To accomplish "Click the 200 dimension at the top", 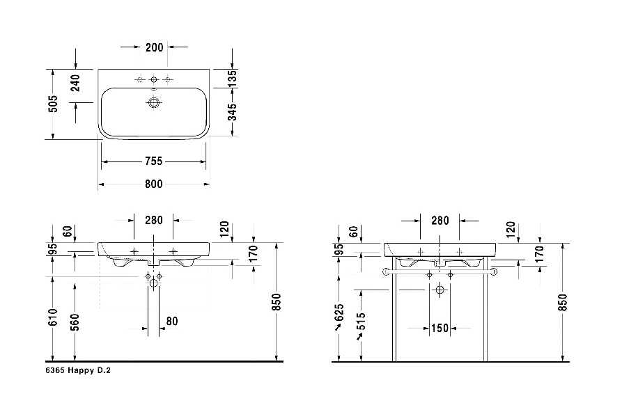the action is (155, 47).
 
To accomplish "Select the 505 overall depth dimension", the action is (53, 104).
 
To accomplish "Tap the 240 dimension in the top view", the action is (75, 83).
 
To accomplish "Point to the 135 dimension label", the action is (232, 78).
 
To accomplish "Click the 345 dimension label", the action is (232, 112).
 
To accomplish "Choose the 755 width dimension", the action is (153, 161).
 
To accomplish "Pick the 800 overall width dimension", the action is (153, 184).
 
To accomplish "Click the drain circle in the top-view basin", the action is (154, 103).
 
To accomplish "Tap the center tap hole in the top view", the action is (154, 79).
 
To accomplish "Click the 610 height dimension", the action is (53, 317).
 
